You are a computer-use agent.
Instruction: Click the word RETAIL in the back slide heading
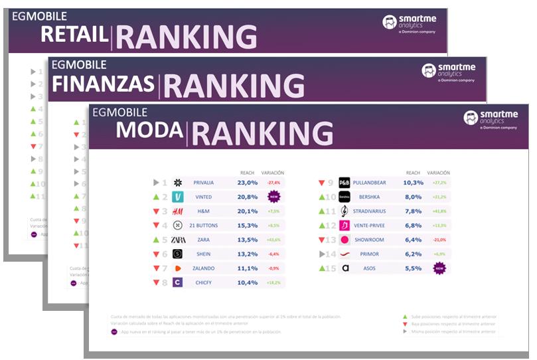tap(74, 35)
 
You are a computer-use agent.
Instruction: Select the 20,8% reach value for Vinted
tap(247, 197)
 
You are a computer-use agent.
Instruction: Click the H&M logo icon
tap(178, 211)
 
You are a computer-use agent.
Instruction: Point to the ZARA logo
tap(178, 240)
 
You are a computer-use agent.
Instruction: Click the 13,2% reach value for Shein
tap(247, 254)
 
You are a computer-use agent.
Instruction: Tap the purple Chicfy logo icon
tap(178, 282)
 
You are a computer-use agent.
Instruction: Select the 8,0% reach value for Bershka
tap(413, 197)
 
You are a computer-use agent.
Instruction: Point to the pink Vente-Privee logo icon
tap(345, 225)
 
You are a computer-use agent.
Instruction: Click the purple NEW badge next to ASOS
tap(439, 268)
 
